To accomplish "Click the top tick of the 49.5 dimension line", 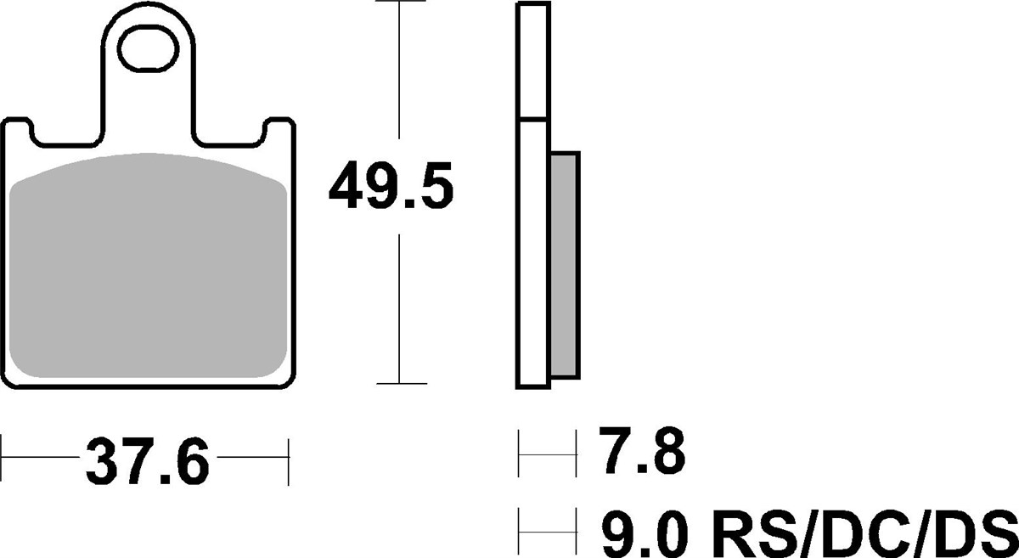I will [x=398, y=3].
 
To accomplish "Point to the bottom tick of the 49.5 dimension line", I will [x=398, y=385].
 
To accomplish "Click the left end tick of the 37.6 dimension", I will [x=2, y=462].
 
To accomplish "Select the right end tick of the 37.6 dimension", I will [x=290, y=462].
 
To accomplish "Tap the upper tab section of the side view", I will [x=532, y=59].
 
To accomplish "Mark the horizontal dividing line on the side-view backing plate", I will [x=532, y=118].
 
